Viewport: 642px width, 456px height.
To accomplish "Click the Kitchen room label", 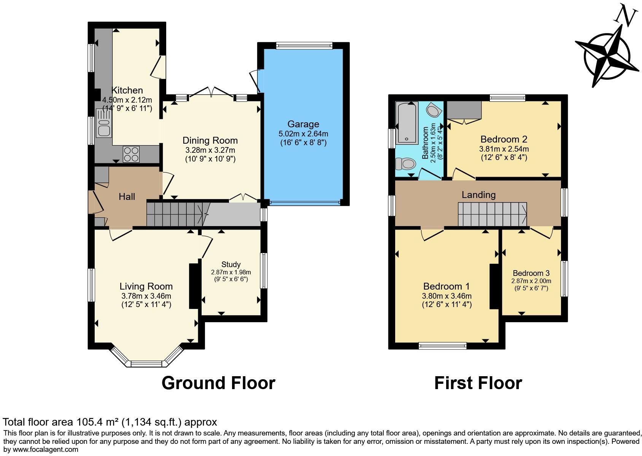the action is click(127, 90).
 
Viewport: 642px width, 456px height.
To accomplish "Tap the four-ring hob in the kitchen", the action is click(131, 154).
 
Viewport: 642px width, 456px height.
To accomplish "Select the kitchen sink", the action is click(104, 123).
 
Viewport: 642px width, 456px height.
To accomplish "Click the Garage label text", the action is click(303, 124).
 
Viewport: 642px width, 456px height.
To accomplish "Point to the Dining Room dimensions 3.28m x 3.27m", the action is click(210, 150).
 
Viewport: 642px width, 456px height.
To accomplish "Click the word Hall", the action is click(127, 196).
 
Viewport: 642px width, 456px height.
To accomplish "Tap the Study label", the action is click(231, 264).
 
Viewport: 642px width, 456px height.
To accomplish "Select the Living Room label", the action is click(146, 286).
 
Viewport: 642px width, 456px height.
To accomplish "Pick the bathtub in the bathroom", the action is click(407, 123).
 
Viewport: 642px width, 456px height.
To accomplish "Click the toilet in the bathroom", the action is click(405, 164).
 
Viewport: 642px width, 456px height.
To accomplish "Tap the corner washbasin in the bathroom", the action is click(434, 110).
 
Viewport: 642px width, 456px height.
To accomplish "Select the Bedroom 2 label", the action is click(504, 139).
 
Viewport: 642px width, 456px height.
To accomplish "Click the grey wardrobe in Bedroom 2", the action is click(464, 110).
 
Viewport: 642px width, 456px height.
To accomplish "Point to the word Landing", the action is click(478, 195).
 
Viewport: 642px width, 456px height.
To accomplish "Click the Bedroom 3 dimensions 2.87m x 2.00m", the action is click(531, 281).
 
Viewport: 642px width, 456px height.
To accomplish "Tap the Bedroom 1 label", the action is click(447, 286).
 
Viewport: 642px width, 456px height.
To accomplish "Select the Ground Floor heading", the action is click(218, 383).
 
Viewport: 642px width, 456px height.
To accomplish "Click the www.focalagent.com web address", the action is click(45, 450).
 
